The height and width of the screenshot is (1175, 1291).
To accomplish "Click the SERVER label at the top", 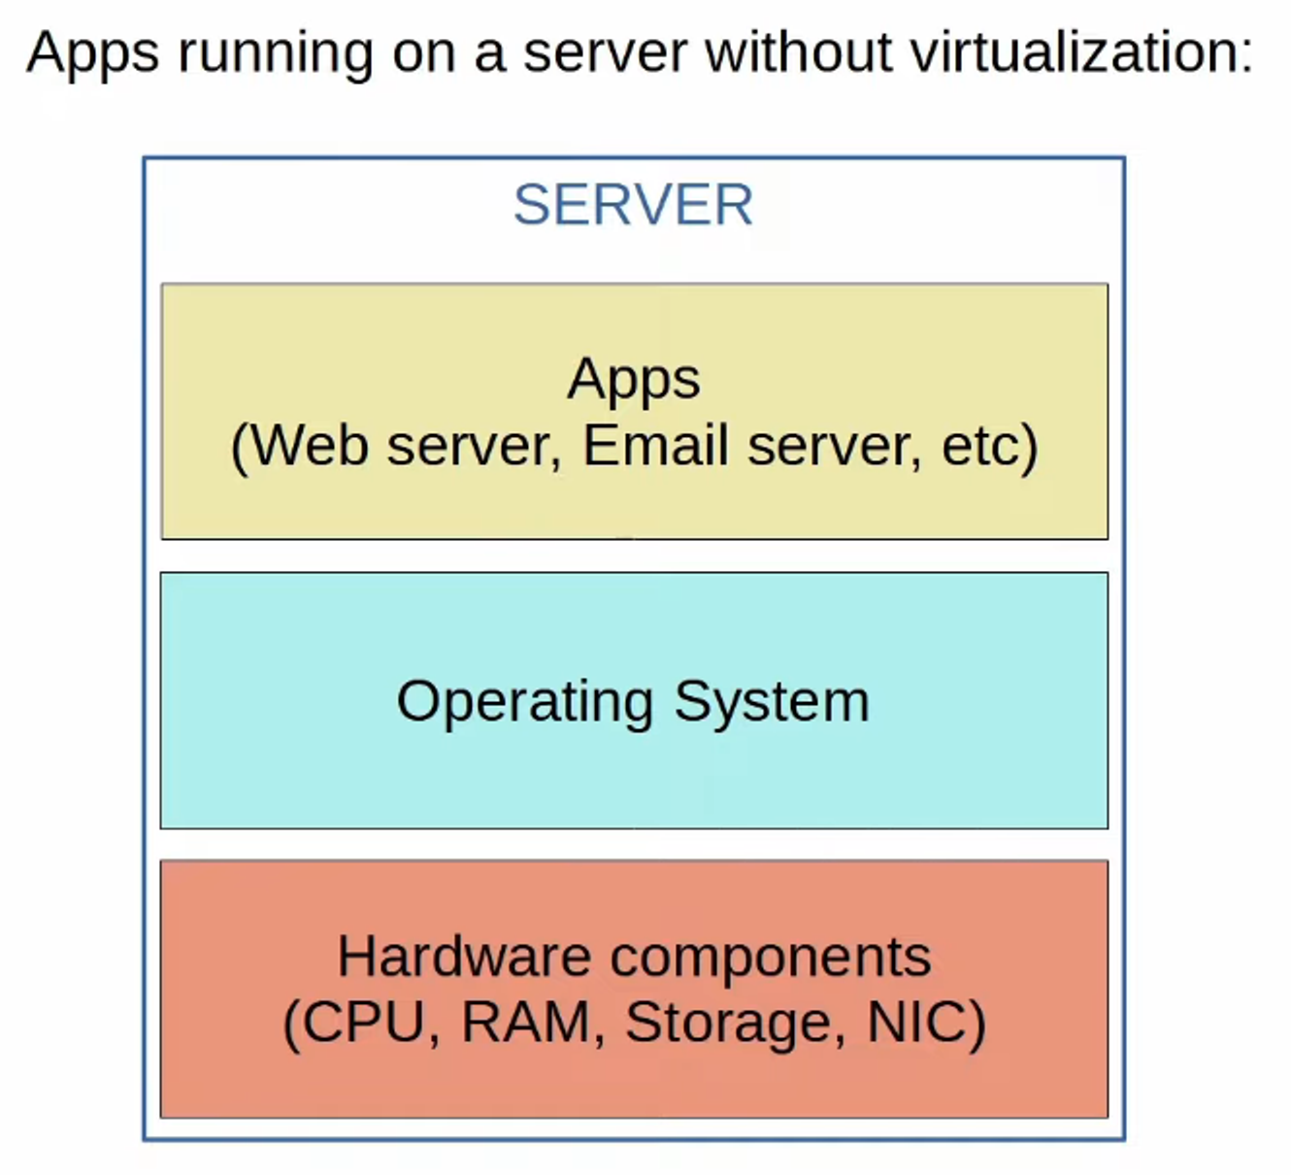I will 633,205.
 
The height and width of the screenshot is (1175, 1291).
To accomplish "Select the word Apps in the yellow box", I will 633,380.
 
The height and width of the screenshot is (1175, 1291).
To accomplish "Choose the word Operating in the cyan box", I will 524,702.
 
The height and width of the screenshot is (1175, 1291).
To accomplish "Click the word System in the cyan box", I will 772,702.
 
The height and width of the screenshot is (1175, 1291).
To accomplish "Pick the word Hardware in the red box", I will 464,957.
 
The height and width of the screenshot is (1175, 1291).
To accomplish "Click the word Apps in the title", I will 92,53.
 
